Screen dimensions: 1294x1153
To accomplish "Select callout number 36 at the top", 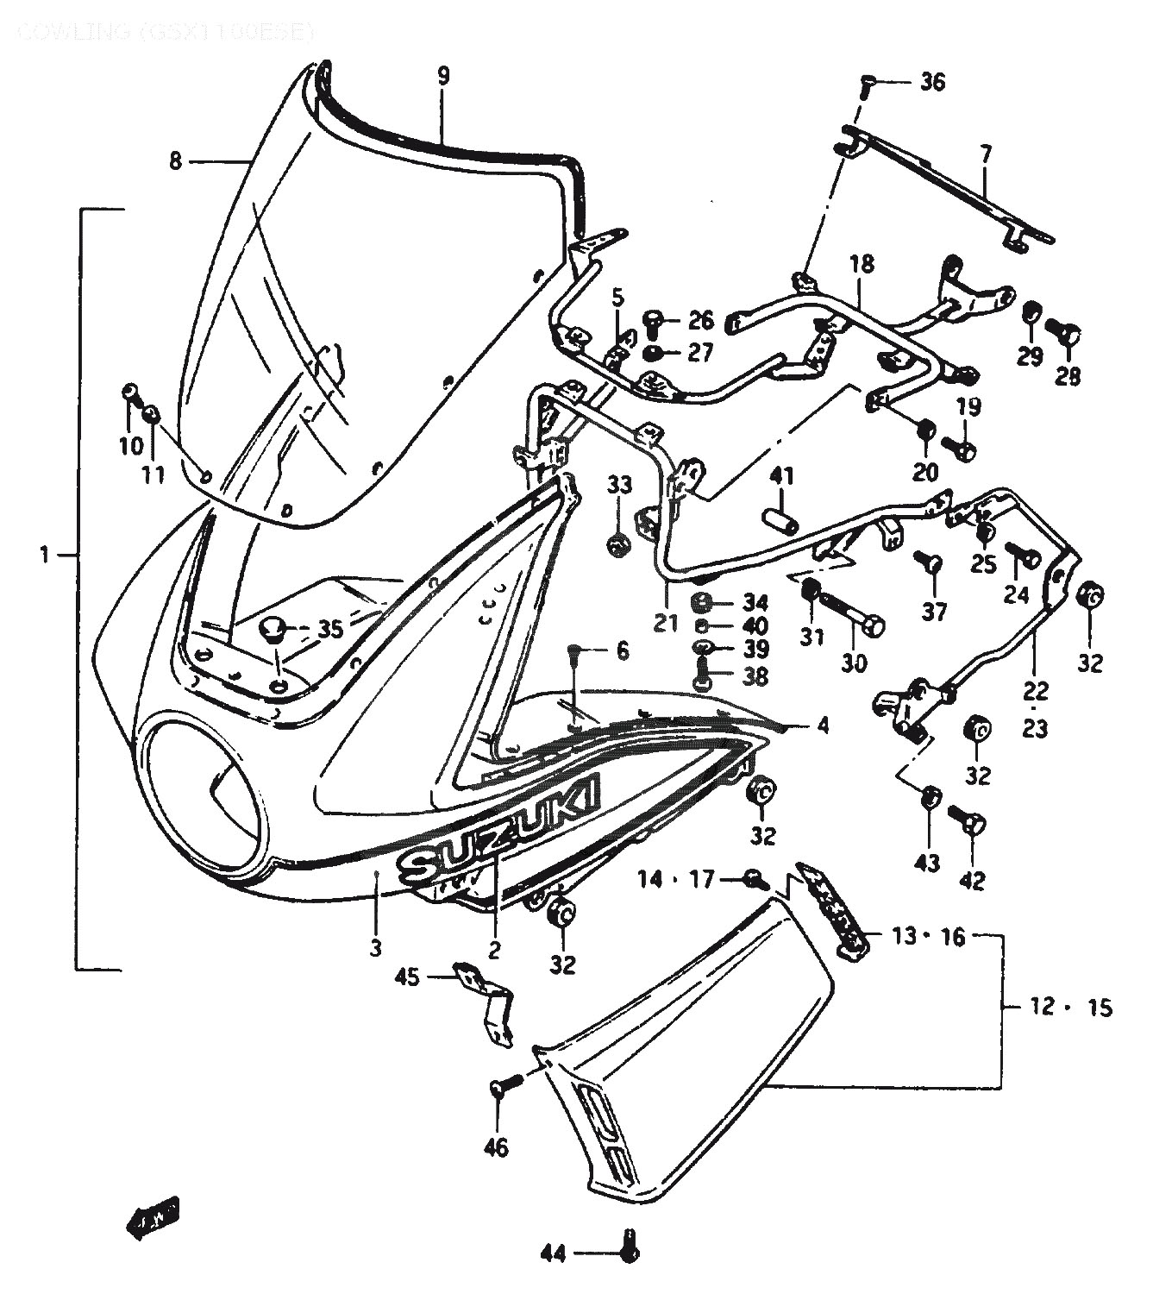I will pos(932,83).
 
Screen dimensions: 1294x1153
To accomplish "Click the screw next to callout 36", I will pos(868,85).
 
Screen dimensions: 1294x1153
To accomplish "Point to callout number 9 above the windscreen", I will pos(442,75).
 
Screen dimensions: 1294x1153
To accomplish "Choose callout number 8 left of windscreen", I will pos(176,161).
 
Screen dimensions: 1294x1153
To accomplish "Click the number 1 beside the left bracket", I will pos(45,555).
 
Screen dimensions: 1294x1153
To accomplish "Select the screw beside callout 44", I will pos(629,1248).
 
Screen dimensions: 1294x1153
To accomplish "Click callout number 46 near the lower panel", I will pos(497,1146).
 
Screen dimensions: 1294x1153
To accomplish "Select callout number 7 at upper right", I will pos(986,155).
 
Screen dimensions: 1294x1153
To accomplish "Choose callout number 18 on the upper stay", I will pos(861,264).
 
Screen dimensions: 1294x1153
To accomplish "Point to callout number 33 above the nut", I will pos(619,485).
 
